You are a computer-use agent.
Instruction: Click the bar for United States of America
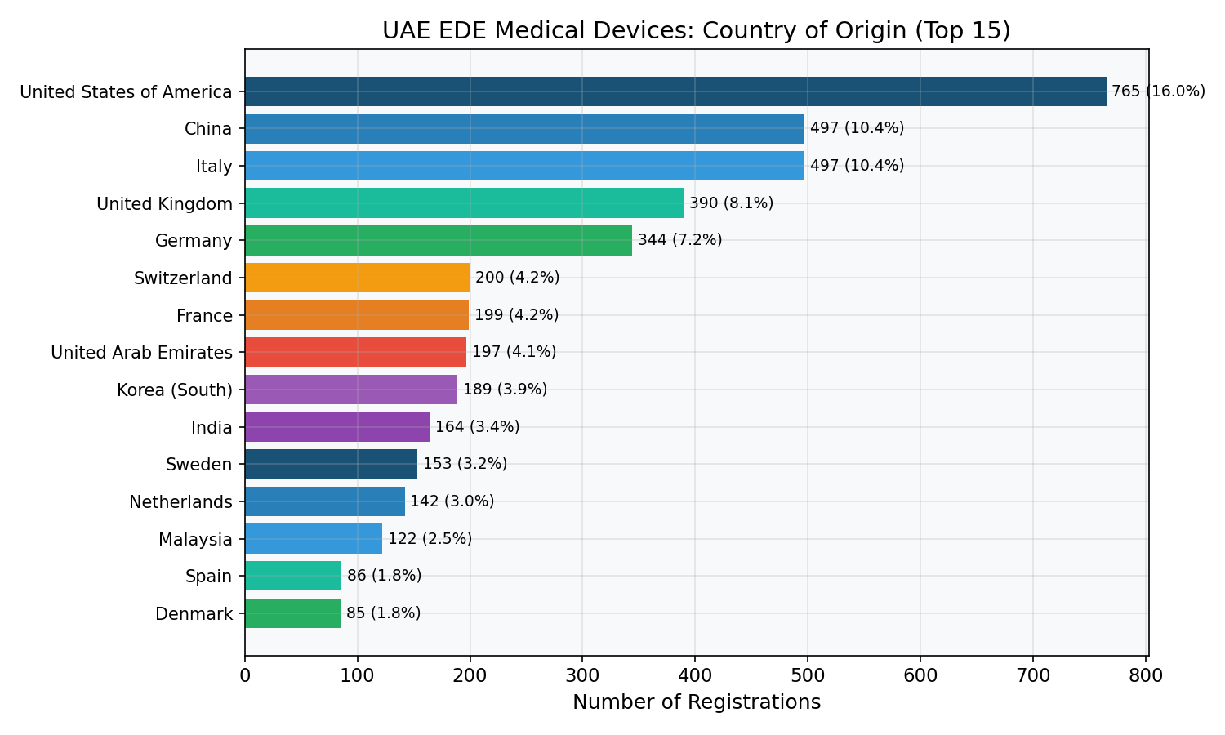pos(675,91)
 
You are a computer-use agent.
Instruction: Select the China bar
pos(525,128)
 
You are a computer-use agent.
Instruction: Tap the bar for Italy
pos(525,166)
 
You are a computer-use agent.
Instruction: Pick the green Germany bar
pos(439,241)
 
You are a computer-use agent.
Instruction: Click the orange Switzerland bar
pos(358,278)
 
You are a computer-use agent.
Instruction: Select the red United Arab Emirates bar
pos(356,352)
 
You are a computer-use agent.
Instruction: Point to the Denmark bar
pos(293,613)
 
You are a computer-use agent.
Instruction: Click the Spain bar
pos(294,576)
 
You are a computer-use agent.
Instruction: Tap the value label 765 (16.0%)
pos(1158,91)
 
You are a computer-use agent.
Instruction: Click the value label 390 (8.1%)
pos(731,203)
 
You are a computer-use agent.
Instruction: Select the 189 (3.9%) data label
pos(506,390)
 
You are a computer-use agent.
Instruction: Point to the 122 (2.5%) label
pos(430,539)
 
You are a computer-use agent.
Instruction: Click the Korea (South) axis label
pos(175,390)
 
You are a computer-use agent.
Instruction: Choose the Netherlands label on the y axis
pos(181,502)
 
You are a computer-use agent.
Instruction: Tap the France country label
pos(204,315)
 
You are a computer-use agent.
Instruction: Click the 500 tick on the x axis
pos(808,676)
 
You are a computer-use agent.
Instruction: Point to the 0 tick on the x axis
pos(245,676)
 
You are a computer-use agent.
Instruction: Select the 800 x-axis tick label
pos(1146,676)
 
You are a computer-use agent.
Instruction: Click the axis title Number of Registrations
pos(697,702)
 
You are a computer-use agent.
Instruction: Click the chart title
pos(696,31)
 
